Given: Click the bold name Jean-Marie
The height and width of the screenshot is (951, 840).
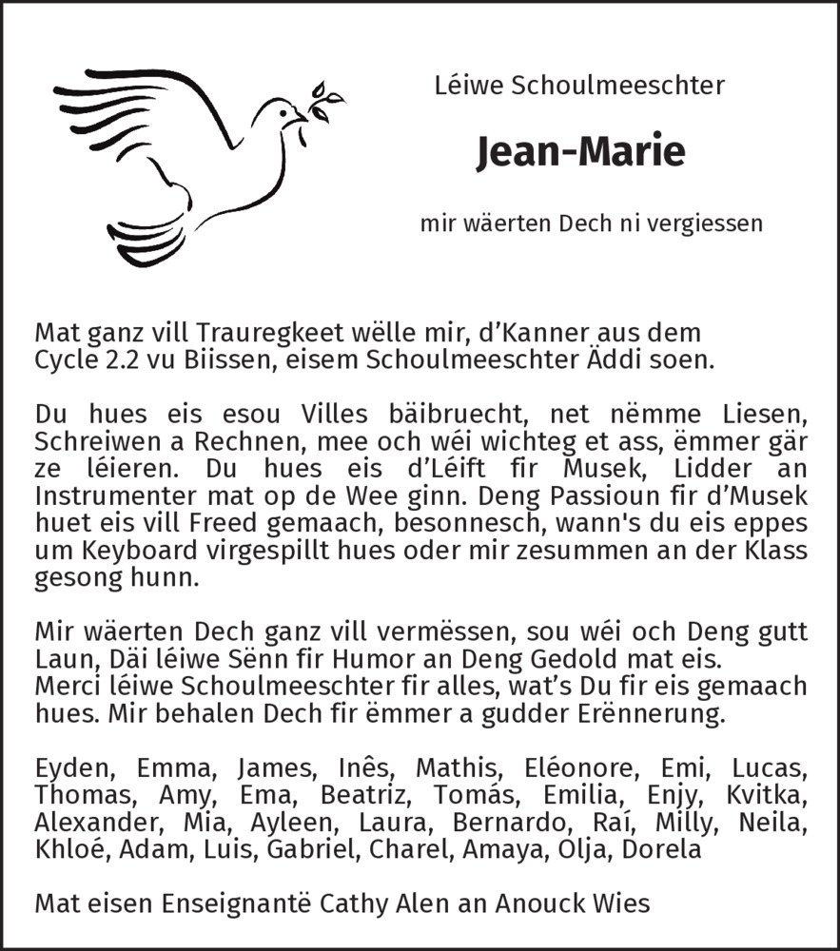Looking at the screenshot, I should (x=579, y=152).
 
